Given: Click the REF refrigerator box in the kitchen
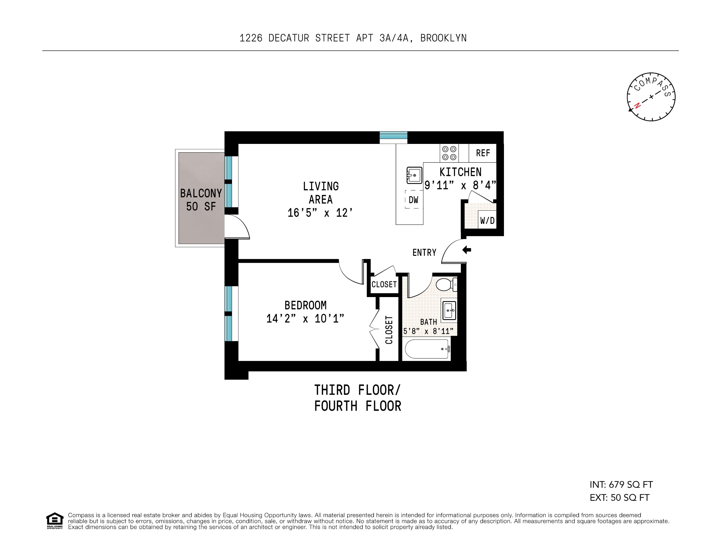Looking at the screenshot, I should pyautogui.click(x=483, y=153).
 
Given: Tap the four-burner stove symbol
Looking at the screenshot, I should pyautogui.click(x=449, y=153).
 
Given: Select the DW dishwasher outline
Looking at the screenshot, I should pyautogui.click(x=414, y=199).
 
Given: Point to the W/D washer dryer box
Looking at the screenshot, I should pyautogui.click(x=487, y=220).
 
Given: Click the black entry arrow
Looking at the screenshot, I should pyautogui.click(x=467, y=250).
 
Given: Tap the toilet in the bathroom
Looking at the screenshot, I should pyautogui.click(x=446, y=284).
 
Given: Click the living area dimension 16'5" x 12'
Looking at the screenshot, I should pyautogui.click(x=320, y=213).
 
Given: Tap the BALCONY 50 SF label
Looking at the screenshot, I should pyautogui.click(x=201, y=200).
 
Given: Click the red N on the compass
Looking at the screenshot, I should pyautogui.click(x=637, y=105).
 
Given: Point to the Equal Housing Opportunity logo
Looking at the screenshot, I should pyautogui.click(x=54, y=521).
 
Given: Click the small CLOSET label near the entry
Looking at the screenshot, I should pyautogui.click(x=384, y=284).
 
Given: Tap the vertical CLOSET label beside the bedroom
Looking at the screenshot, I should pyautogui.click(x=389, y=330).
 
